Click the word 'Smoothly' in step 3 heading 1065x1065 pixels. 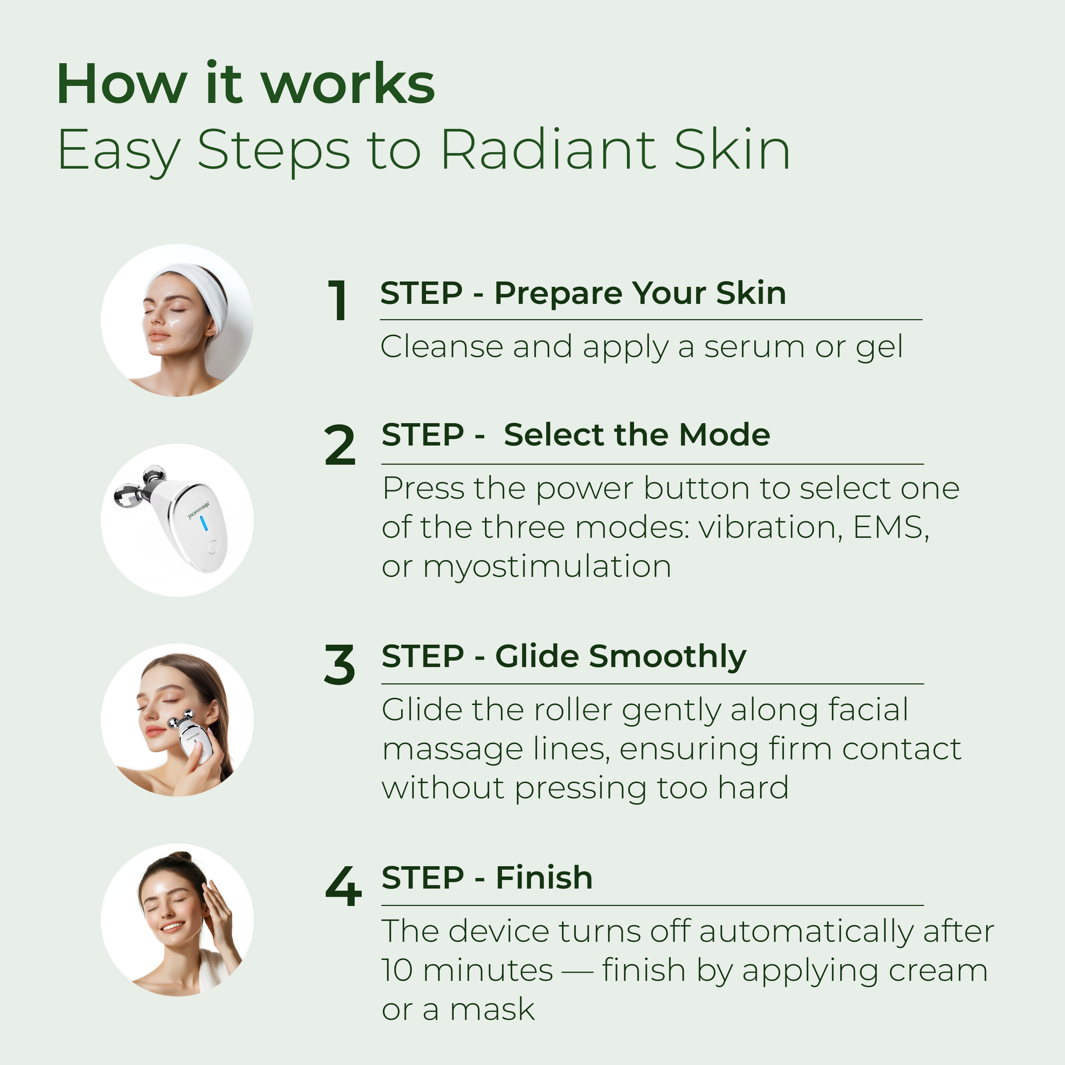[667, 656]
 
